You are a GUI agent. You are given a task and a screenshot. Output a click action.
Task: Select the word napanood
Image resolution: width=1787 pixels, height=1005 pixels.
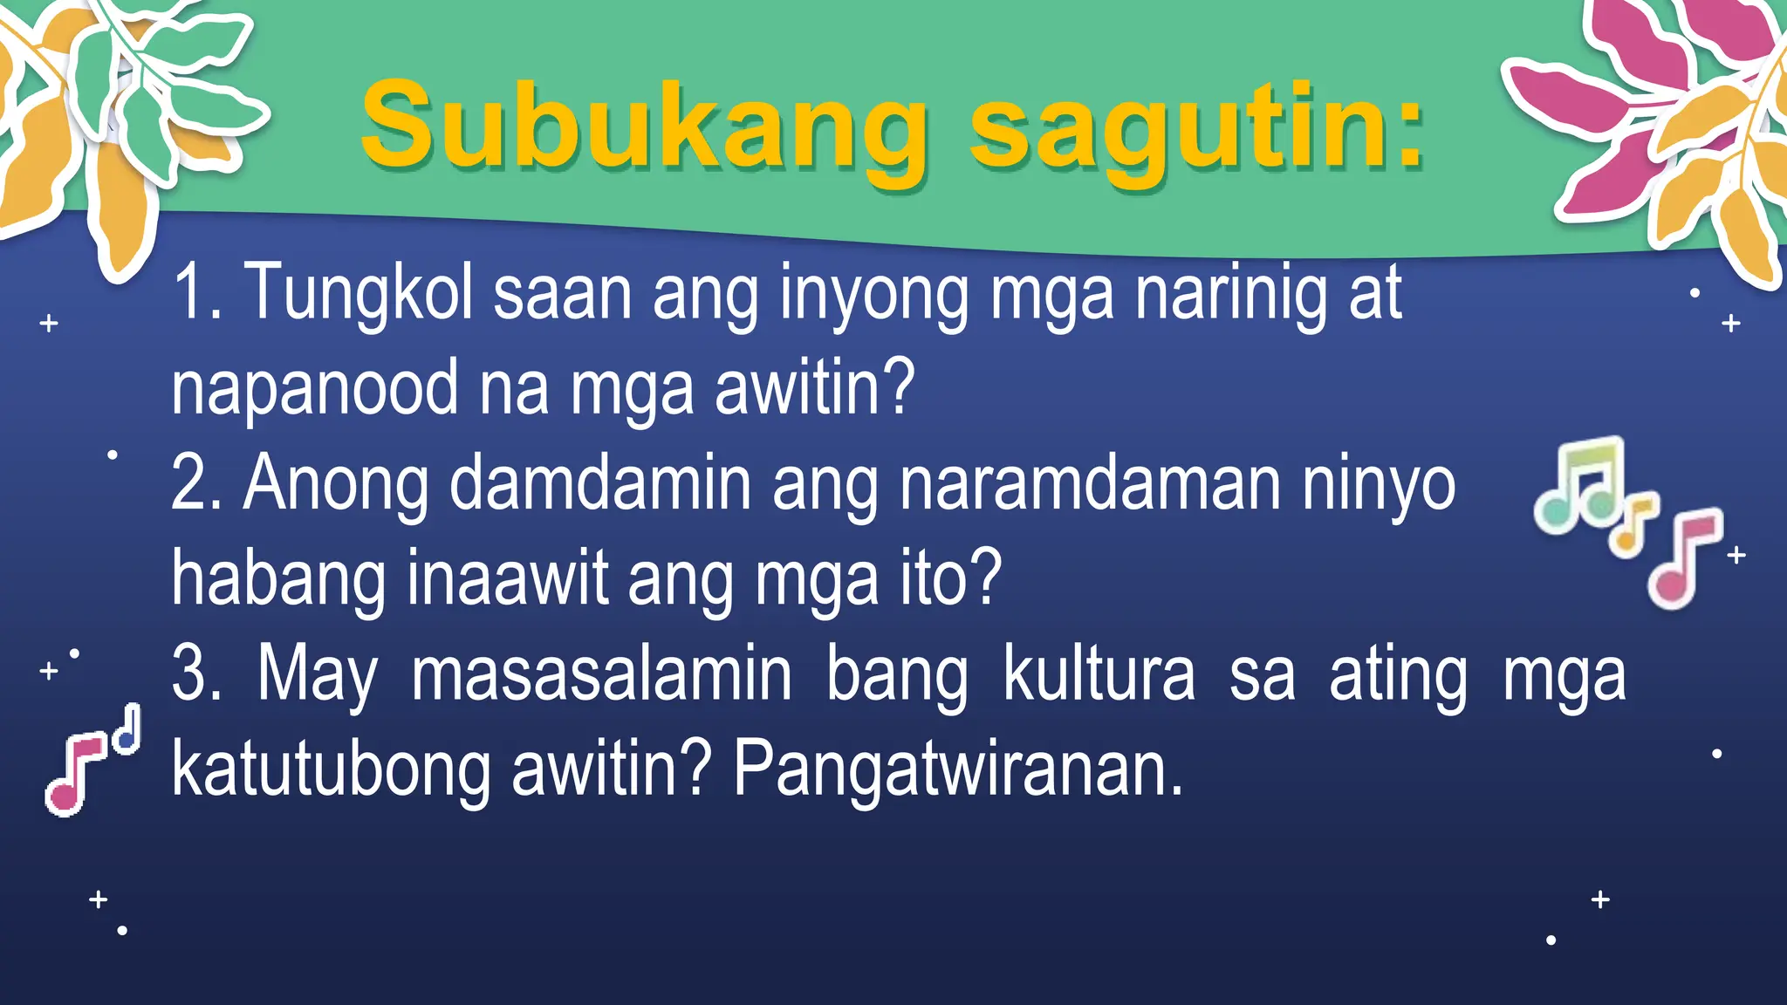click(315, 389)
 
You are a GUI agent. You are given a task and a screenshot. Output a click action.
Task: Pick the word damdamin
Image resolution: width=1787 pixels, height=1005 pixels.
click(600, 483)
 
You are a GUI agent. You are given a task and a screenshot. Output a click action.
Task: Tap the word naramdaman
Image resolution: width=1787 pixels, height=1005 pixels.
click(1091, 483)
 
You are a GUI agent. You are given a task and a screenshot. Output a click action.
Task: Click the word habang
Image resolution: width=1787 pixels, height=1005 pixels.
click(278, 579)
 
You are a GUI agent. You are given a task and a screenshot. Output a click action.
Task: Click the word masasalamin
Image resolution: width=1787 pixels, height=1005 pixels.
click(601, 673)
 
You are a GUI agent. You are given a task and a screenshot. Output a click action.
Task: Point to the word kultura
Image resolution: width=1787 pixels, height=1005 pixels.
click(1099, 673)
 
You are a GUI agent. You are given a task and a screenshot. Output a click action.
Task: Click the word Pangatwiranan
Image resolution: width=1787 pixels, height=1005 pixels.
click(957, 769)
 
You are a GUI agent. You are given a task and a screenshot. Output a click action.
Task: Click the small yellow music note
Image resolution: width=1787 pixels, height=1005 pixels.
click(1633, 526)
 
